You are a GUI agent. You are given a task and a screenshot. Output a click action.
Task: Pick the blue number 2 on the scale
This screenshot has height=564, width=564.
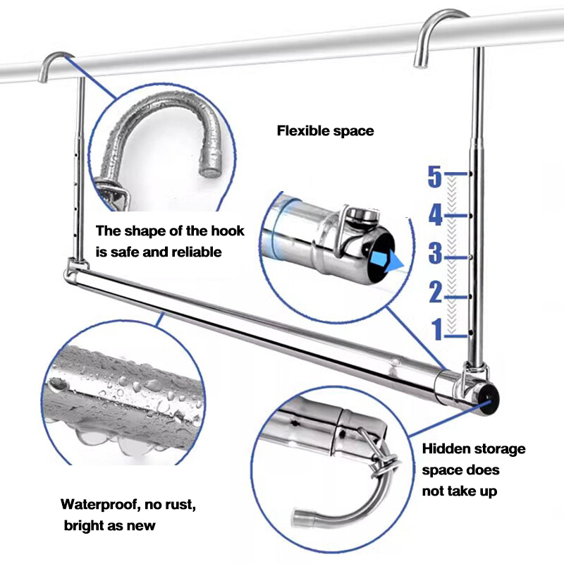tap(435, 291)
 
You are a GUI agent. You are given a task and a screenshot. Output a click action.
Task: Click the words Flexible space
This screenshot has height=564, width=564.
tap(325, 130)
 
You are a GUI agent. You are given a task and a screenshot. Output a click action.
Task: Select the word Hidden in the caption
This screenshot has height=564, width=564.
tap(447, 449)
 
